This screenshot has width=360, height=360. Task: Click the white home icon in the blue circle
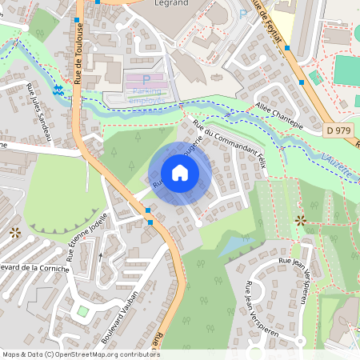point(180,173)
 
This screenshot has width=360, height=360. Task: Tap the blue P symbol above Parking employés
point(146,79)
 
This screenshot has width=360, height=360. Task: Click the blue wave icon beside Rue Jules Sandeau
point(58,90)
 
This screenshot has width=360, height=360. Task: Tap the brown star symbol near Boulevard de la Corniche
point(15,233)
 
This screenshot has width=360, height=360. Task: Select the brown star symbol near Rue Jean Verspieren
point(300,219)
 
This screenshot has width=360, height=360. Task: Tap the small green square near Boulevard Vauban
point(82,310)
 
